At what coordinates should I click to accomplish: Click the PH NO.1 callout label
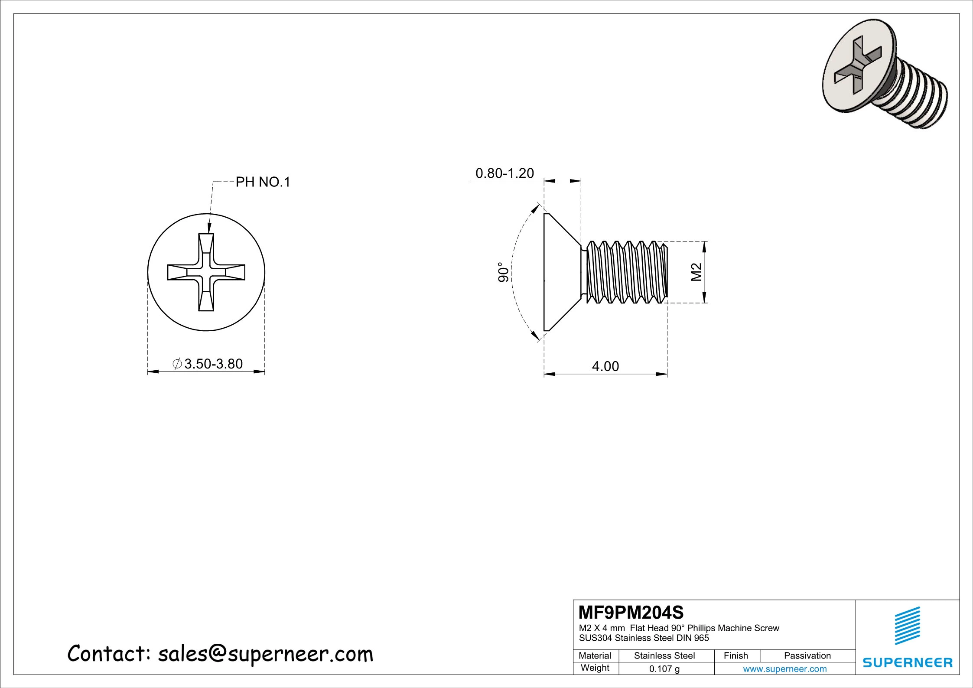[x=263, y=183]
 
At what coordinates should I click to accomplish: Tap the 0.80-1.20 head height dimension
[x=504, y=173]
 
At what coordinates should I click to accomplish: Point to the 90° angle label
[x=503, y=272]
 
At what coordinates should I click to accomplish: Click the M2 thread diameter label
[x=696, y=272]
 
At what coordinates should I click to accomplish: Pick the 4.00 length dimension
[x=605, y=367]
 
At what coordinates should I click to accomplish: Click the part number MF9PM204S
[x=631, y=613]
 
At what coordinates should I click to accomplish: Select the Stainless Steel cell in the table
[x=664, y=656]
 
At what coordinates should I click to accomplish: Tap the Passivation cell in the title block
[x=807, y=656]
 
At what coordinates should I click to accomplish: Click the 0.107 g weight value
[x=664, y=669]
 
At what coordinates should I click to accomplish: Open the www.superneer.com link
[x=785, y=669]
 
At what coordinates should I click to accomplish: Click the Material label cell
[x=595, y=656]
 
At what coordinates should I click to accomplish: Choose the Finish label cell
[x=736, y=656]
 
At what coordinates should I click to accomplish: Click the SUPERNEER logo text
[x=908, y=663]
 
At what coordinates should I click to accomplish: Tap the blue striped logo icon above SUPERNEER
[x=908, y=626]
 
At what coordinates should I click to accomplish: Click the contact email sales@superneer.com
[x=265, y=654]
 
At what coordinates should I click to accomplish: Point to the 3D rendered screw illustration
[x=884, y=80]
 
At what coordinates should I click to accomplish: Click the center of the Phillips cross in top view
[x=206, y=272]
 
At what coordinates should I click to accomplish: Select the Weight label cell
[x=595, y=668]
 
